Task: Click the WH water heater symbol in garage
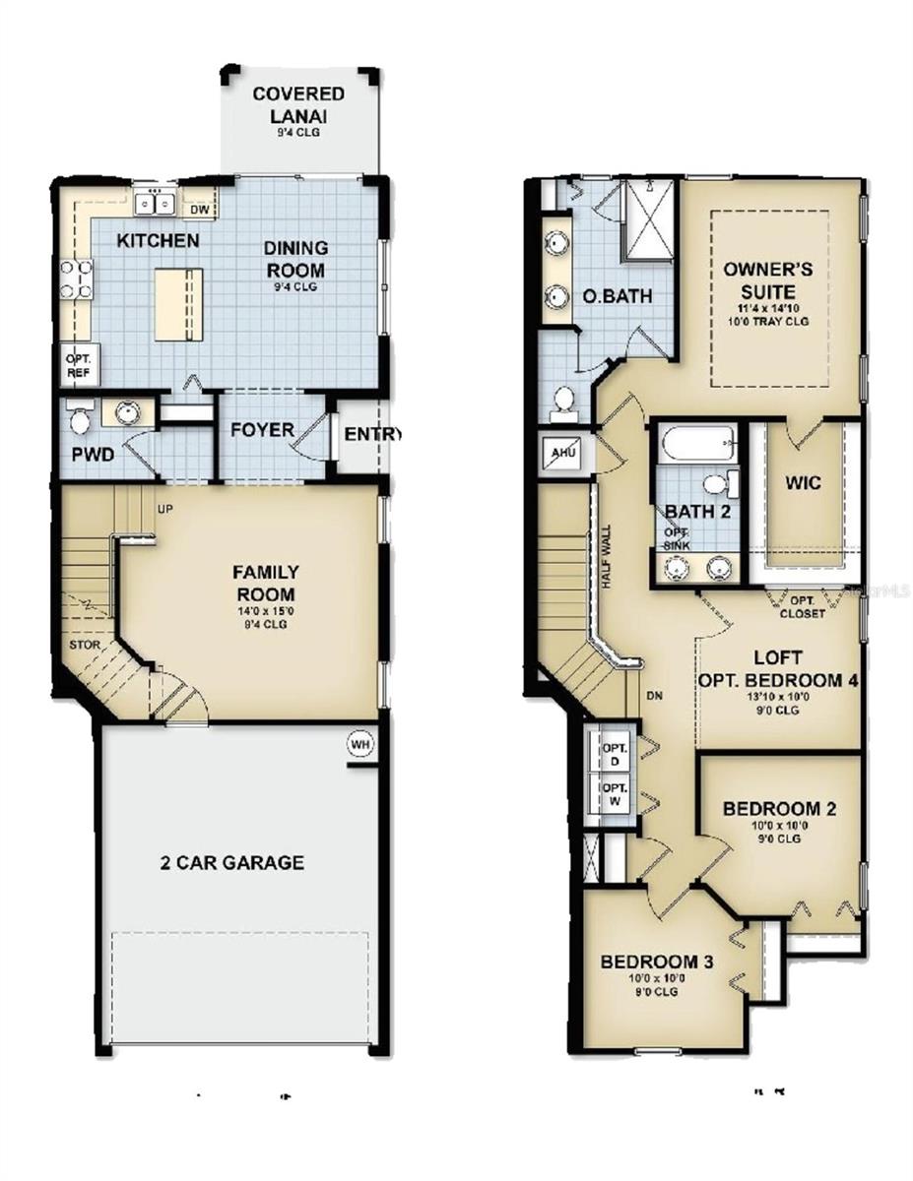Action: coord(360,745)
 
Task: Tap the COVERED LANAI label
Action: coord(298,103)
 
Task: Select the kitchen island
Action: coord(178,303)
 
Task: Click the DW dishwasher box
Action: coord(199,209)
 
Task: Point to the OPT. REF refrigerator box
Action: coord(78,366)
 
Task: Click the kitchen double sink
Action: coord(155,204)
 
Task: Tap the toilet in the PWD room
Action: coord(79,417)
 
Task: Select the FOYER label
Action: coord(262,430)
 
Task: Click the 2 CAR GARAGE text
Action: coord(232,863)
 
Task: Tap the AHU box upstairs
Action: coord(562,454)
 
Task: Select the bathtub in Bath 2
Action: coord(699,443)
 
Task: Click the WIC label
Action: coord(804,484)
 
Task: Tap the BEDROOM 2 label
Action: coord(779,809)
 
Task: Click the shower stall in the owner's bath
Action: coord(646,221)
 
